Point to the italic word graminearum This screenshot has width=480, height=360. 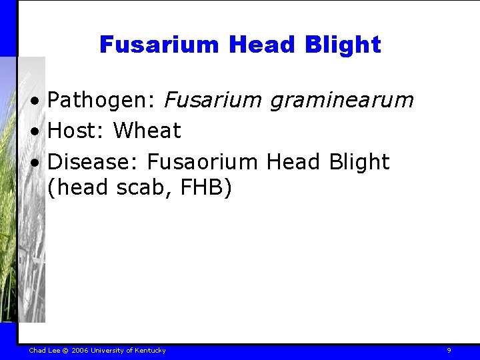click(341, 101)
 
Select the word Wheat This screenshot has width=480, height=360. click(147, 131)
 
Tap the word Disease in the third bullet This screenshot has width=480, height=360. click(93, 162)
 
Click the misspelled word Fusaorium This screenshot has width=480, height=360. click(203, 162)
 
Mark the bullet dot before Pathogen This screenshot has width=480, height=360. click(41, 102)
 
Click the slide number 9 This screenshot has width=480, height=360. click(449, 350)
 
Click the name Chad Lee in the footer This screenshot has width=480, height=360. click(43, 350)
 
